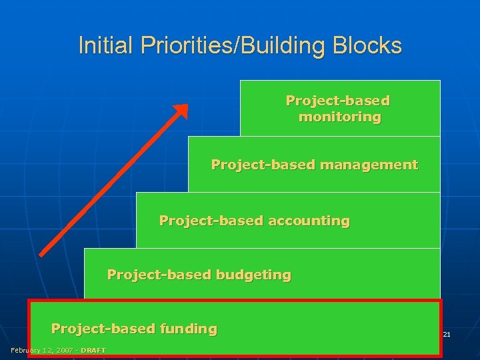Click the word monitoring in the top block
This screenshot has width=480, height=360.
[x=339, y=117]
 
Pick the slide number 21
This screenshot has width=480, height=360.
[x=447, y=334]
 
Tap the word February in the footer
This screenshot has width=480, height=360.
[x=25, y=351]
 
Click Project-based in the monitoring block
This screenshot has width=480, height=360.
[x=337, y=101]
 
